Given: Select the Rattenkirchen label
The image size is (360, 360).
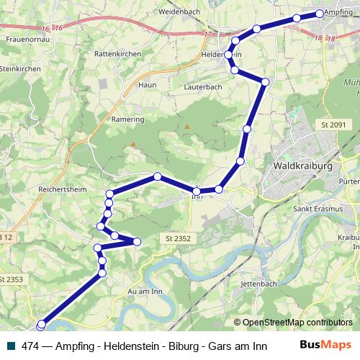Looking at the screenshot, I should [119, 54].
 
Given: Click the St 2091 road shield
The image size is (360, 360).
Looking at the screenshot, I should [333, 125].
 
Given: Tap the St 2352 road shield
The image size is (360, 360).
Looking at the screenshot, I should [177, 238].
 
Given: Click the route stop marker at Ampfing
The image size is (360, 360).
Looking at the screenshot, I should [320, 14].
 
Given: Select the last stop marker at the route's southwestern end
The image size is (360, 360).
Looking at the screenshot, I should [41, 325].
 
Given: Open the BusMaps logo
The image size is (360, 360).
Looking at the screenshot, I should [325, 344].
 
